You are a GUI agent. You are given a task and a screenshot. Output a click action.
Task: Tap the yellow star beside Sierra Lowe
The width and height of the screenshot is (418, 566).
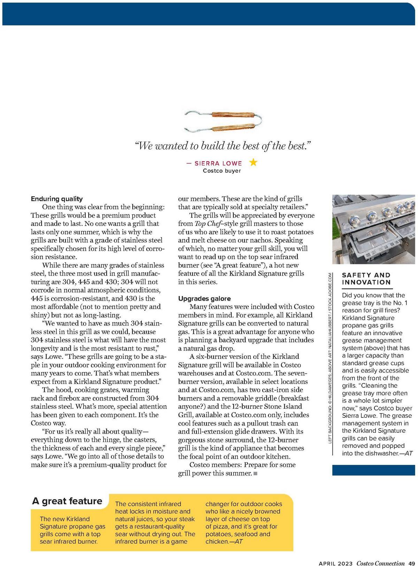click(x=253, y=162)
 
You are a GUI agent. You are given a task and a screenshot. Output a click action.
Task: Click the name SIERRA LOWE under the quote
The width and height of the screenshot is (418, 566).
click(x=218, y=163)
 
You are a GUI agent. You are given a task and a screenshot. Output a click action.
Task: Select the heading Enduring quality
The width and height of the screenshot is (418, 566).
click(x=57, y=199)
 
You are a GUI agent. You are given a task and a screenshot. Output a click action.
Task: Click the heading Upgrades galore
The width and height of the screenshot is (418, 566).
click(x=204, y=299)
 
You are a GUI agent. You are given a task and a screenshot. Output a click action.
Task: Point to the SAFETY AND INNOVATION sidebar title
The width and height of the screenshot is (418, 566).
click(x=366, y=279)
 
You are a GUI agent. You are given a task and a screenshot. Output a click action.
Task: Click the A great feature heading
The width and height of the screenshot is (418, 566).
click(x=67, y=501)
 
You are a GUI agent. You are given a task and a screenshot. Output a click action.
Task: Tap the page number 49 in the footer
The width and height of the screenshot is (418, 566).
click(x=411, y=563)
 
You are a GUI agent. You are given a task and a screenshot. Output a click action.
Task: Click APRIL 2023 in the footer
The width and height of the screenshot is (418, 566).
click(x=336, y=563)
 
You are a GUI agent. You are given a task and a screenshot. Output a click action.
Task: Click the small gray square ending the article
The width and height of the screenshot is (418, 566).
click(x=255, y=473)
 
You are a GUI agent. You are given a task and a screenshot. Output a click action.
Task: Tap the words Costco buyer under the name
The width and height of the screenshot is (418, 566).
click(x=222, y=171)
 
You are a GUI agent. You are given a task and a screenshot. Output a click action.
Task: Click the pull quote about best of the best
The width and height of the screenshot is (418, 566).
click(x=223, y=146)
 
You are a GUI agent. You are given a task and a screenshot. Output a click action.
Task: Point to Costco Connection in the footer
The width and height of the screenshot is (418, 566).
click(x=381, y=563)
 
